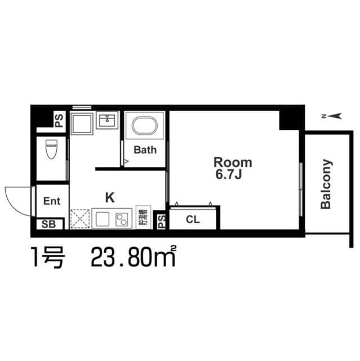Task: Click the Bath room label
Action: (x=145, y=150)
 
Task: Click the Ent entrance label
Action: (x=52, y=201)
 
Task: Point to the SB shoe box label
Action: (x=48, y=224)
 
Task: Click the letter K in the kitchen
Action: (x=110, y=197)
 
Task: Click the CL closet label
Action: (x=193, y=220)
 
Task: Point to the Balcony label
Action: (x=326, y=184)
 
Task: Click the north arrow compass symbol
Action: (x=332, y=117)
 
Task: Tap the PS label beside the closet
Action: (x=161, y=221)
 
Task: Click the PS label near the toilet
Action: (x=59, y=120)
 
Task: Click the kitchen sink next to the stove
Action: (x=104, y=218)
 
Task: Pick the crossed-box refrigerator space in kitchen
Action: (x=79, y=219)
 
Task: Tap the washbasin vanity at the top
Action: (x=106, y=120)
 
